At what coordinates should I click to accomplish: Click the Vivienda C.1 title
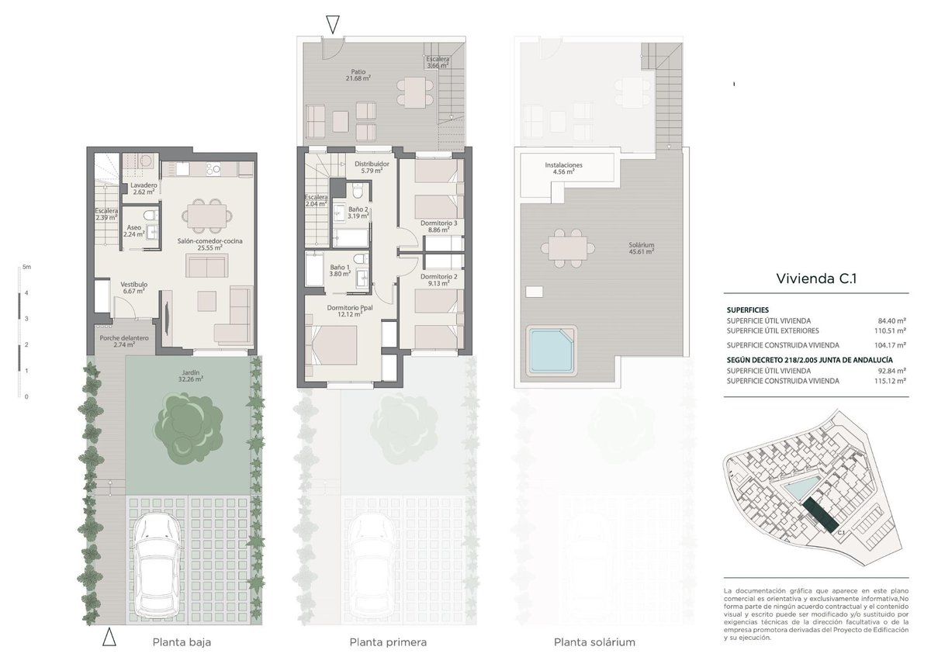click(x=816, y=278)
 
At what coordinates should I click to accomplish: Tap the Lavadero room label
click(x=144, y=188)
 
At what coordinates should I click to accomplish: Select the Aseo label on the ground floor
click(x=133, y=230)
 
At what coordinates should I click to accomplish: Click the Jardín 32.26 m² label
click(x=190, y=375)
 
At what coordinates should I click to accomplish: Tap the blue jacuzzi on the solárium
click(x=551, y=350)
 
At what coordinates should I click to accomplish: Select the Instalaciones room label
click(x=563, y=168)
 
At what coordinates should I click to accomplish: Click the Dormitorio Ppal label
click(x=350, y=311)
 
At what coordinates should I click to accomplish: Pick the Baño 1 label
click(x=340, y=271)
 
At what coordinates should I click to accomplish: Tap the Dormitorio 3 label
click(x=438, y=226)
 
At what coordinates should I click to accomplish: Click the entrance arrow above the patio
click(x=333, y=24)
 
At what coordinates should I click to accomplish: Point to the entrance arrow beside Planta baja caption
click(x=109, y=637)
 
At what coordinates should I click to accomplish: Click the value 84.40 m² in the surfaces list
click(x=892, y=320)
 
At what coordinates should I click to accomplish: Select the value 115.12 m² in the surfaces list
click(x=891, y=381)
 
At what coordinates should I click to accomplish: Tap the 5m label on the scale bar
click(x=26, y=267)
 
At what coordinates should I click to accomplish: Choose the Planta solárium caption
click(x=594, y=642)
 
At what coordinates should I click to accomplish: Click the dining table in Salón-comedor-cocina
click(x=206, y=216)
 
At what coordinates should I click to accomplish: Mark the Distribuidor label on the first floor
click(x=372, y=167)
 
